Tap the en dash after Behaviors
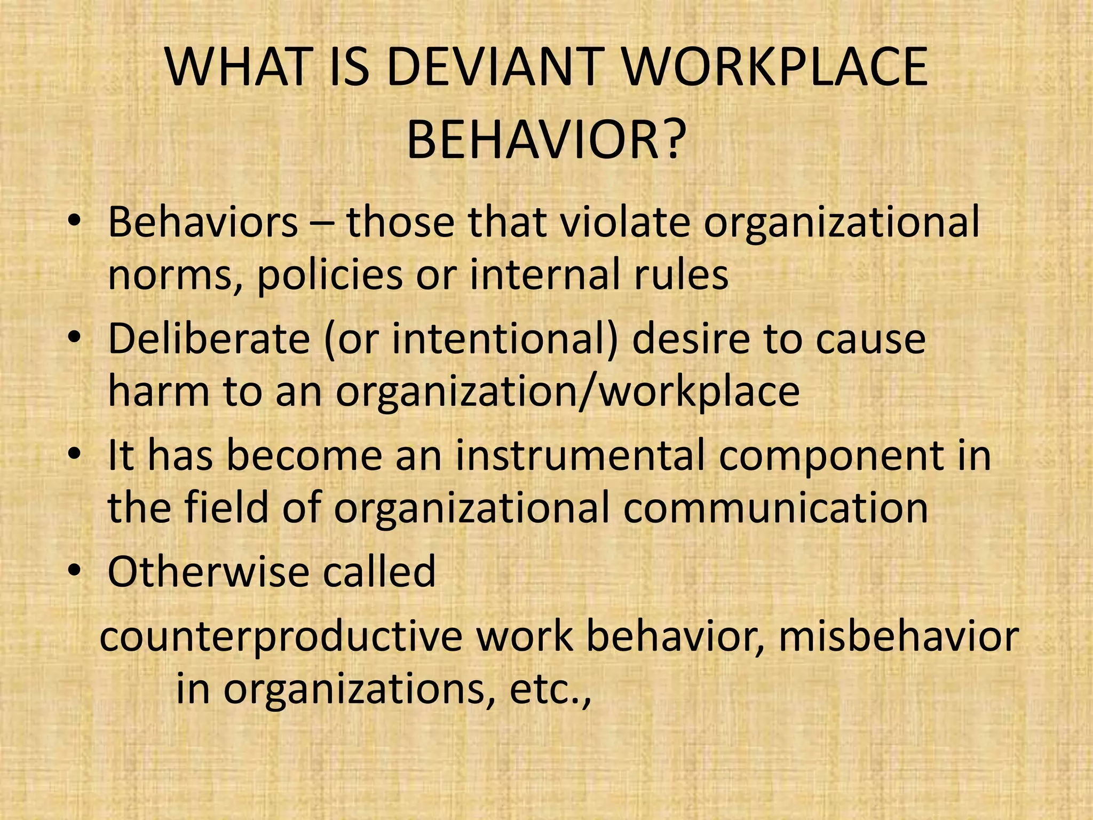coord(323,223)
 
